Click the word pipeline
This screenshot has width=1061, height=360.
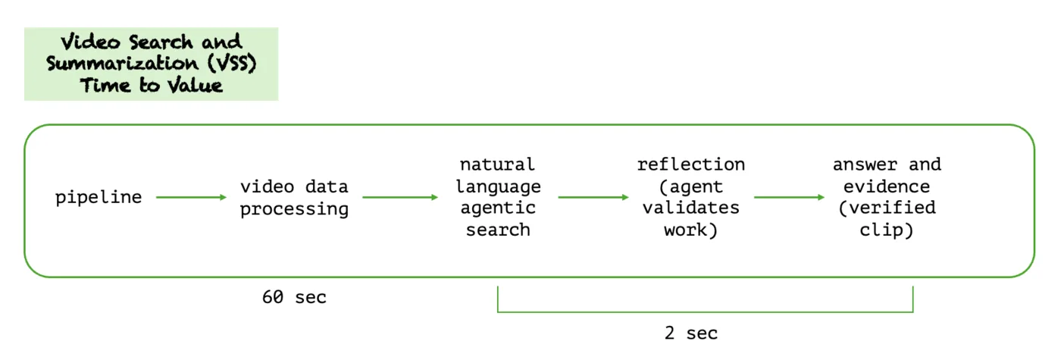click(x=99, y=198)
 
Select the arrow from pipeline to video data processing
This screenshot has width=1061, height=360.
click(x=191, y=197)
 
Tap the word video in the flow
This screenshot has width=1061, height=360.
click(x=267, y=186)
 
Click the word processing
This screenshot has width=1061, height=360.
click(x=294, y=209)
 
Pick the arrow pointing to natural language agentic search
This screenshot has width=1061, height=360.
click(x=400, y=197)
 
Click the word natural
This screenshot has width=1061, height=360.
click(x=497, y=164)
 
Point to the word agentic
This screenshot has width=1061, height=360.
click(x=498, y=208)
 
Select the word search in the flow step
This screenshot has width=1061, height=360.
click(x=498, y=230)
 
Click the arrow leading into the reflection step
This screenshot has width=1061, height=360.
click(x=593, y=197)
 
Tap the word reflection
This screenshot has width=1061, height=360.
click(x=691, y=164)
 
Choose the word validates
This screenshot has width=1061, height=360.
click(x=691, y=208)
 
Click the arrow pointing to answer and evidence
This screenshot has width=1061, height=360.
click(x=789, y=197)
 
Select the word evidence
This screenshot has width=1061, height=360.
click(x=887, y=186)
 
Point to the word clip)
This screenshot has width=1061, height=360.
click(x=887, y=230)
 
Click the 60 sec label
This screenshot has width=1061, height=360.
click(x=294, y=297)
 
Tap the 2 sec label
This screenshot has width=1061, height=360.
click(x=691, y=333)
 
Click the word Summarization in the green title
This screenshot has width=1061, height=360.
click(x=122, y=64)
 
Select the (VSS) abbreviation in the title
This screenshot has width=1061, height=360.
click(x=232, y=64)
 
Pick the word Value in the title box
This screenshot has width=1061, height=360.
click(x=196, y=86)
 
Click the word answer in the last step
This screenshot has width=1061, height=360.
click(x=865, y=165)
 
